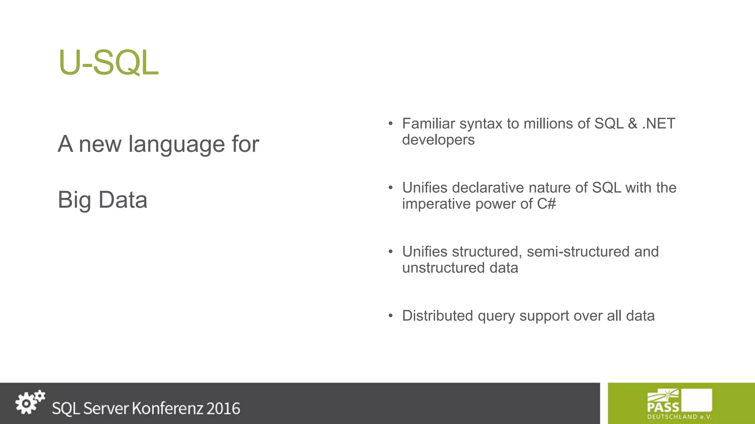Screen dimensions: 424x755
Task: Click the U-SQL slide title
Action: (108, 63)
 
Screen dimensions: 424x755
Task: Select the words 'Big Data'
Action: (102, 200)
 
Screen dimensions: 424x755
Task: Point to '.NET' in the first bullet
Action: (658, 124)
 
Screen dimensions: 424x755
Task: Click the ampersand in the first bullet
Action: (632, 124)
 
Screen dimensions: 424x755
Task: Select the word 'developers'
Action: (438, 140)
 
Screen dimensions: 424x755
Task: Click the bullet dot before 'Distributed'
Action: (391, 316)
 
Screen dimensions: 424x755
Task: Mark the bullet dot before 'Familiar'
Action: (391, 124)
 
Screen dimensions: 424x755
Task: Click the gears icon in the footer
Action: (30, 402)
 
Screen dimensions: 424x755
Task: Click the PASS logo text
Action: (663, 407)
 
